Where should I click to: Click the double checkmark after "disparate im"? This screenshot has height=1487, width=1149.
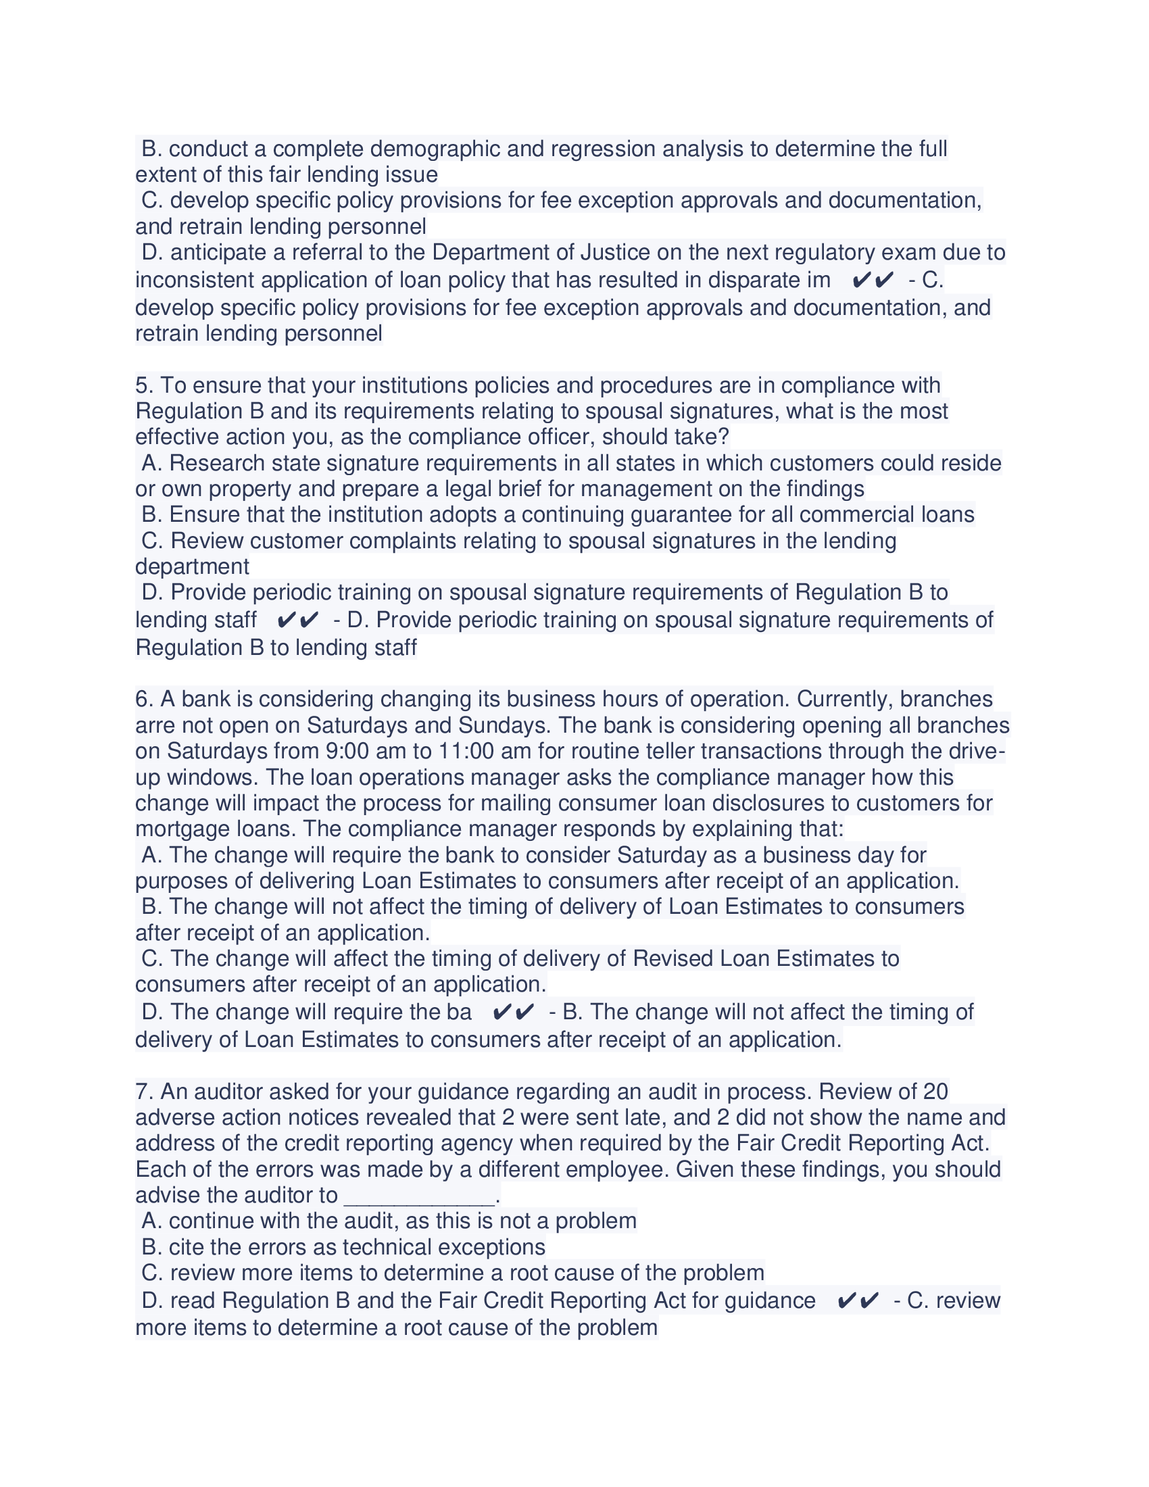[873, 280]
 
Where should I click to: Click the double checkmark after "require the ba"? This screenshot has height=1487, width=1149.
[513, 1013]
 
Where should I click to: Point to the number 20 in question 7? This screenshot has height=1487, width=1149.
[935, 1092]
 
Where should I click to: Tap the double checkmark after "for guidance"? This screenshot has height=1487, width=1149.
[858, 1301]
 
